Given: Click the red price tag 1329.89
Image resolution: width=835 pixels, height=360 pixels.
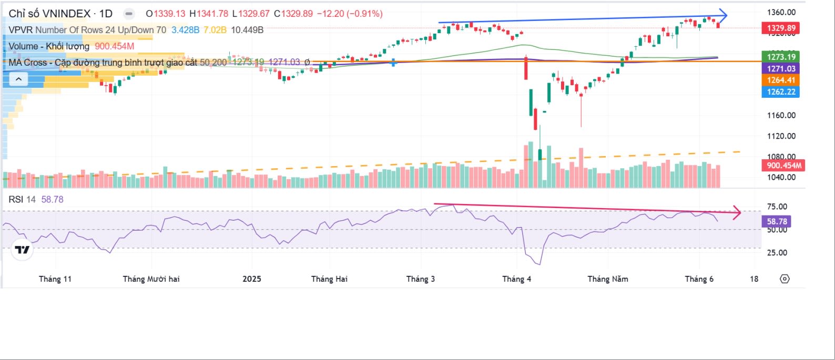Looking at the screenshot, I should click(781, 28).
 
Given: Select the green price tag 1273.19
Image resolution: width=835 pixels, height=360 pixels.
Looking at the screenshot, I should click(781, 57).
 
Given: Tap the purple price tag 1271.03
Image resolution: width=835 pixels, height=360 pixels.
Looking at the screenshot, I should click(781, 68).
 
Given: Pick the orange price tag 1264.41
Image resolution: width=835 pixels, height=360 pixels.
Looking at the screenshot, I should click(781, 80).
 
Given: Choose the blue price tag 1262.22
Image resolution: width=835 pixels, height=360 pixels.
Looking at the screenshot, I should click(781, 91).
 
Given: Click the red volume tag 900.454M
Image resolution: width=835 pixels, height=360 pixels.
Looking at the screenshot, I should click(783, 166).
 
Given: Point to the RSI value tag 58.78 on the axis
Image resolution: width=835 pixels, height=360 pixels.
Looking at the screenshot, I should click(777, 221).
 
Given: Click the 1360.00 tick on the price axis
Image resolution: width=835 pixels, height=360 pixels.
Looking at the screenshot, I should click(781, 12).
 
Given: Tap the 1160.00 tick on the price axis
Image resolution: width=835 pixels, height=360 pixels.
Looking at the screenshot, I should click(781, 115).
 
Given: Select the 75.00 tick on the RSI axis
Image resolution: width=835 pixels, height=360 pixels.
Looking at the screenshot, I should click(777, 207).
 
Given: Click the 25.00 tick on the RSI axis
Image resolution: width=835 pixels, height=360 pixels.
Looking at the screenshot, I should click(777, 252).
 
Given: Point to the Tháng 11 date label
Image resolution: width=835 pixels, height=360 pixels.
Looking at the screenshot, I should click(55, 279).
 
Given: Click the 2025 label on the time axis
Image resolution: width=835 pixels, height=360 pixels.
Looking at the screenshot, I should click(252, 279).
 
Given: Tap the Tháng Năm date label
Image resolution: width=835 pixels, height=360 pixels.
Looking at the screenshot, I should click(607, 279).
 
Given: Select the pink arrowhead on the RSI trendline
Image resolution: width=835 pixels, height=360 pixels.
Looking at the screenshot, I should click(737, 213).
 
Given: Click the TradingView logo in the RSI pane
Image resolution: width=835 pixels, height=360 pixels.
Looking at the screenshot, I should click(22, 250).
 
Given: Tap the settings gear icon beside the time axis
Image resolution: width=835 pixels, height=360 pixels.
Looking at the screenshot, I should click(785, 279).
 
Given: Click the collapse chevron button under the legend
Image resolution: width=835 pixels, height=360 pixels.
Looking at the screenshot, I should click(18, 79).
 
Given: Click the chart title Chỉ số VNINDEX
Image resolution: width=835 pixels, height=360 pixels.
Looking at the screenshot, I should click(49, 13).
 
